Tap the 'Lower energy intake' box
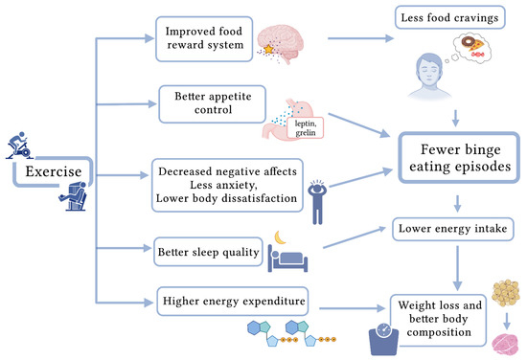coord(454,227)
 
